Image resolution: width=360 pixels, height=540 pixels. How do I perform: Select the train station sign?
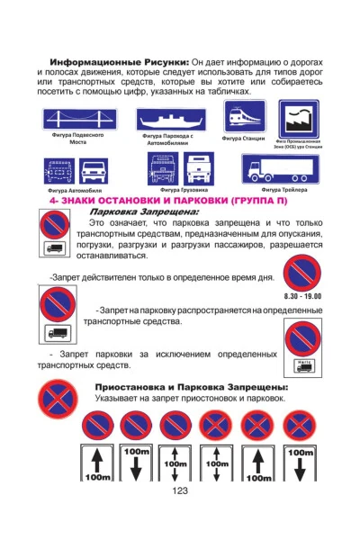(244, 119)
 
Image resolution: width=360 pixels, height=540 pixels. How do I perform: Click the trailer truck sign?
(280, 168)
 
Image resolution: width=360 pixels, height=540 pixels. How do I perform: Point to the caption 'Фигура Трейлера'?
(284, 190)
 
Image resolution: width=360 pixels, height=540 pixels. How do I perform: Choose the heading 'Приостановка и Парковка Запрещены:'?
(191, 387)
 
